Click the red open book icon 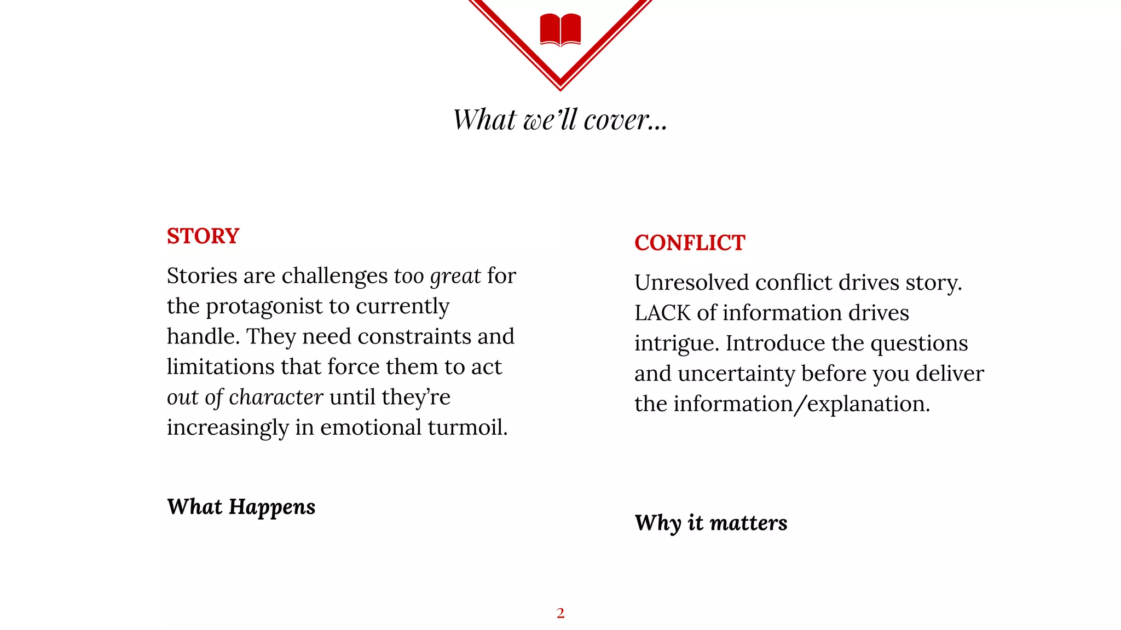pos(560,30)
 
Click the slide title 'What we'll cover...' pos(560,119)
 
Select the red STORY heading pos(203,236)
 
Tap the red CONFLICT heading pos(690,243)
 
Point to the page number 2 pos(560,613)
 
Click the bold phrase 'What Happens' pos(241,507)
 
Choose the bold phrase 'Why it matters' pos(710,523)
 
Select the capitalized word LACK pos(662,313)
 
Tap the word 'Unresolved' pos(691,283)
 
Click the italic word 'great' pos(455,276)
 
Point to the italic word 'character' pos(276,397)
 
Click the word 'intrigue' pos(677,343)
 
